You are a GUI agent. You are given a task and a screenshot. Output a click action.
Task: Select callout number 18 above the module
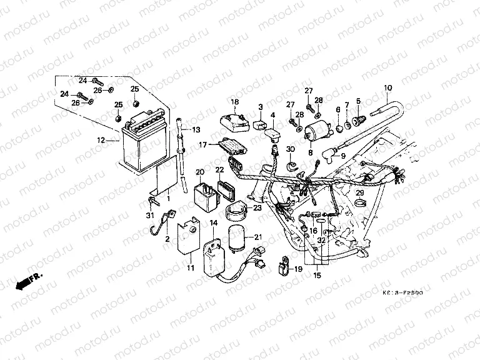tap(236, 102)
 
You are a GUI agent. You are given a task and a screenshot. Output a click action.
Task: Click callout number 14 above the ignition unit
tap(213, 223)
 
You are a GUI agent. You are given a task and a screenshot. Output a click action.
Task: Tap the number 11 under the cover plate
tap(191, 268)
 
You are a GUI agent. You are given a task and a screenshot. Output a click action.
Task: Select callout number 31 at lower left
tap(149, 216)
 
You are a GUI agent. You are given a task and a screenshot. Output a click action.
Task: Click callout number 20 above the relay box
tap(201, 172)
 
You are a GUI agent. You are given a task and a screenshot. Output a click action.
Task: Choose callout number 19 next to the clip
tap(297, 269)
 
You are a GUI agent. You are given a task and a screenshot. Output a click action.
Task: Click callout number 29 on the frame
tap(360, 193)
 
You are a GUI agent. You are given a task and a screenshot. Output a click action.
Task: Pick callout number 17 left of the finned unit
tap(203, 145)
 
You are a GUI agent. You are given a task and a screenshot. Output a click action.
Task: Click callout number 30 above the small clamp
tap(290, 149)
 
